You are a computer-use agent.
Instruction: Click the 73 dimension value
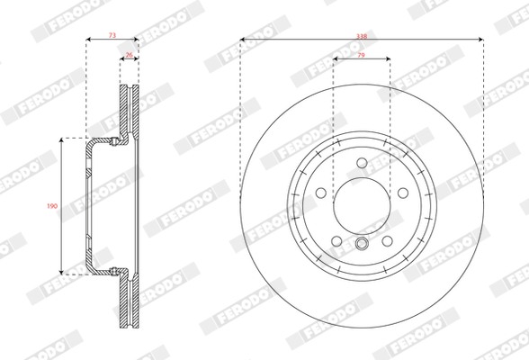pos(112,35)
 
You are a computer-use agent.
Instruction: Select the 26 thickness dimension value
pos(130,55)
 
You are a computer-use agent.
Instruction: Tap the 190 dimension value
pos(52,206)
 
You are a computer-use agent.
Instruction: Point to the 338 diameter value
pos(362,36)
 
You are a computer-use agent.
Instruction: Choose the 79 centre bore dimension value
pos(361,55)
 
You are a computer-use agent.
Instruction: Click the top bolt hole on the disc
pos(362,163)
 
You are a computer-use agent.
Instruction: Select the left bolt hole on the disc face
pos(321,193)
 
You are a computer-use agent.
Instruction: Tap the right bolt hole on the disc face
pos(403,193)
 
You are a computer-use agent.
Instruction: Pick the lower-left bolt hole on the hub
pos(336,241)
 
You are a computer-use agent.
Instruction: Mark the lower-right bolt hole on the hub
pos(387,241)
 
